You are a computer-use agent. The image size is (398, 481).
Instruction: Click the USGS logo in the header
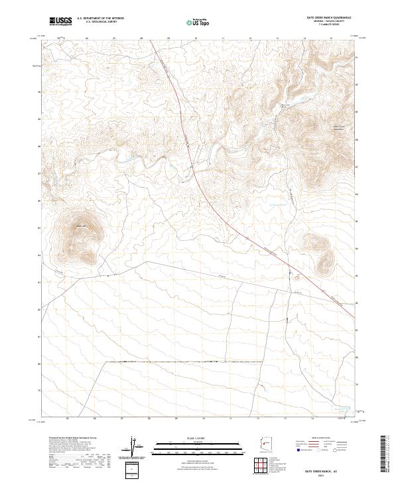[60, 21]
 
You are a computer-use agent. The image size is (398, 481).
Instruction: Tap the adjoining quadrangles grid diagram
[263, 466]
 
